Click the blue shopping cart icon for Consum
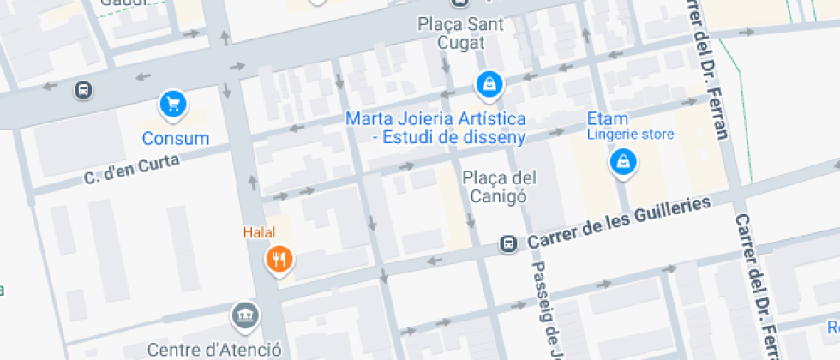[x=174, y=105]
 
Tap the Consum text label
[x=176, y=139]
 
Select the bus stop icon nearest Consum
[x=83, y=89]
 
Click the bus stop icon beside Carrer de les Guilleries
[x=509, y=244]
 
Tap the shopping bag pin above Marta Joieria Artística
[x=488, y=84]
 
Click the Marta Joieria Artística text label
[x=435, y=127]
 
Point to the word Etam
[x=607, y=118]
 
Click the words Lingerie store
[x=630, y=134]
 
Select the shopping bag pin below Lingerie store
[x=622, y=161]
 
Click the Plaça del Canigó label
[x=500, y=187]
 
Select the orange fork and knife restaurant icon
[x=279, y=258]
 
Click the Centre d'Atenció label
[x=214, y=350]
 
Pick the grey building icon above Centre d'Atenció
[x=245, y=315]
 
